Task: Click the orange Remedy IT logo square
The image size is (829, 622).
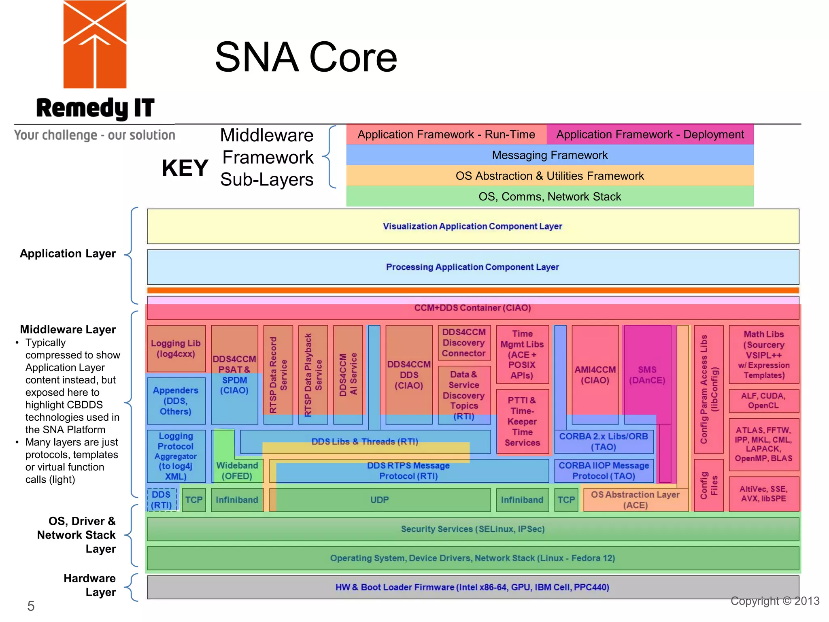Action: click(95, 45)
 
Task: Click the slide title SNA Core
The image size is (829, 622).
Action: click(306, 57)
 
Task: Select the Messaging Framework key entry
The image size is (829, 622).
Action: click(549, 155)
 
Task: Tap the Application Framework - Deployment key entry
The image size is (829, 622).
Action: click(650, 134)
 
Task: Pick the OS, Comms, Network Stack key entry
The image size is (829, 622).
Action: click(549, 196)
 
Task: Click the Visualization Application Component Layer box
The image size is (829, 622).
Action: click(472, 226)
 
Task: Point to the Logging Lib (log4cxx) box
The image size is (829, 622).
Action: click(176, 348)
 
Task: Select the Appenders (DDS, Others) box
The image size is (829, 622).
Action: click(176, 400)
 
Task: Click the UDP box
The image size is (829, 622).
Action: click(379, 500)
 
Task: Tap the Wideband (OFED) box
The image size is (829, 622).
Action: click(237, 471)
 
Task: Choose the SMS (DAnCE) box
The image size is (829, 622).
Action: click(647, 375)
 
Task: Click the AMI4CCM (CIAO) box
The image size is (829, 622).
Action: click(595, 375)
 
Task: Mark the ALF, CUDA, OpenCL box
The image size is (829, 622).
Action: click(763, 400)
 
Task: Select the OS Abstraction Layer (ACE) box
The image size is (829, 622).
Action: click(635, 500)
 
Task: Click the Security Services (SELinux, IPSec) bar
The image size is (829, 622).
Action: click(472, 529)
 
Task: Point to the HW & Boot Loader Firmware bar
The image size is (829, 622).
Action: click(472, 587)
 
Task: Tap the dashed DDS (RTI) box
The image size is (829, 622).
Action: click(162, 500)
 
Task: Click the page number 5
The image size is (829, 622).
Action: click(31, 606)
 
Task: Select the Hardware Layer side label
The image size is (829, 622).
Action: click(90, 585)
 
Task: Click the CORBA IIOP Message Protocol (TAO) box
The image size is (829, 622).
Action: click(604, 471)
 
